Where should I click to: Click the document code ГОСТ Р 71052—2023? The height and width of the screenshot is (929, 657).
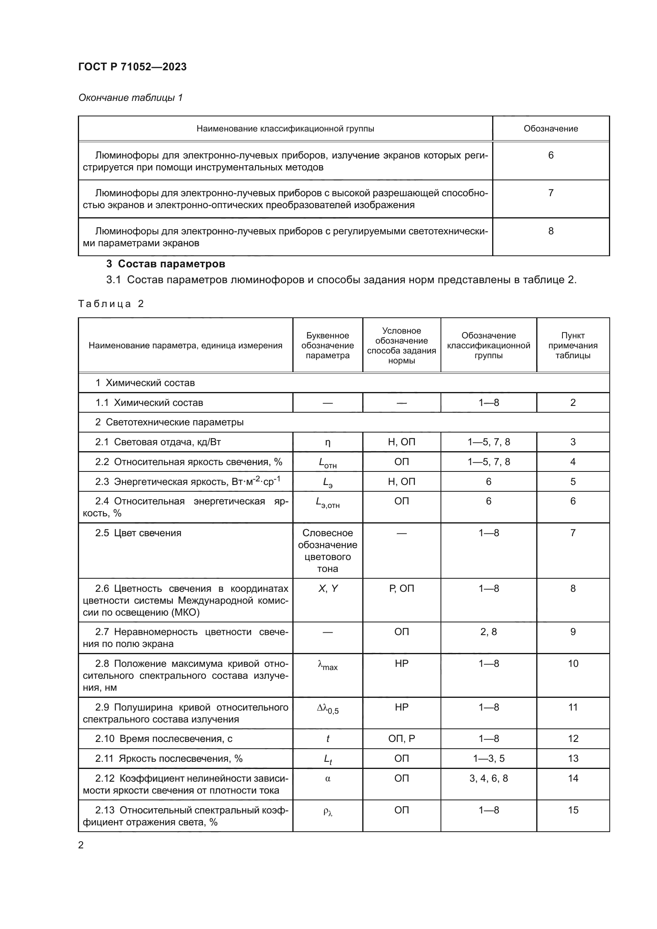[x=132, y=67]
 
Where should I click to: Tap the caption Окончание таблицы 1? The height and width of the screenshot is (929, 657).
[x=130, y=98]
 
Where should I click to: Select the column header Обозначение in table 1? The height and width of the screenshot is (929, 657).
[x=550, y=129]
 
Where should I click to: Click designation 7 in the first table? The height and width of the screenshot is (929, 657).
[x=550, y=193]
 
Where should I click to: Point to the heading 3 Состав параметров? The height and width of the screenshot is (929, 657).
[x=166, y=264]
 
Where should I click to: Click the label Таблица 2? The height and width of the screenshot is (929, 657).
[x=111, y=304]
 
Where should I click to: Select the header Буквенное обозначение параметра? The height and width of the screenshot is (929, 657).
[x=327, y=346]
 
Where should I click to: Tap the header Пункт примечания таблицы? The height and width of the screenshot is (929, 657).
[x=572, y=346]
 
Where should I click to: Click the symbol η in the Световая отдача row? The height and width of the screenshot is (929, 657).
[x=327, y=442]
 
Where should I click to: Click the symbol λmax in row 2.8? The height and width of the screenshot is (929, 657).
[x=327, y=665]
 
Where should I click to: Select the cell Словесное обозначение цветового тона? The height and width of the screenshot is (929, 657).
[x=327, y=550]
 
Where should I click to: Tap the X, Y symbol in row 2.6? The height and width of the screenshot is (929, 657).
[x=327, y=589]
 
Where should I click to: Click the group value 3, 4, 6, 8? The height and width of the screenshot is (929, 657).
[x=488, y=778]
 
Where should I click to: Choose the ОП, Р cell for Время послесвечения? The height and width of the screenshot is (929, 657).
[x=401, y=738]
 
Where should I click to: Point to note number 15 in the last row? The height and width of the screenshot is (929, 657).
[x=573, y=810]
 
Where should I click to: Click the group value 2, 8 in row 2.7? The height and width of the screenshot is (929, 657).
[x=488, y=632]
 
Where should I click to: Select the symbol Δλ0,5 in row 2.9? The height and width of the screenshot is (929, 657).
[x=327, y=709]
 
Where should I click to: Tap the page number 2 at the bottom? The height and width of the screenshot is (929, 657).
[x=81, y=845]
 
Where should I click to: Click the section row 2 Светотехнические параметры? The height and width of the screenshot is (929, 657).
[x=169, y=423]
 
